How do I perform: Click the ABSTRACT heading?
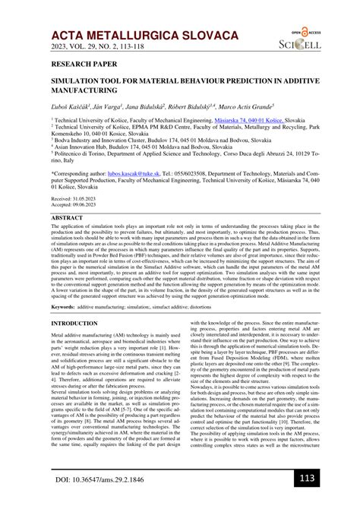pyautogui.click(x=68, y=217)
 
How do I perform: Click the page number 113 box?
pyautogui.click(x=307, y=479)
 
